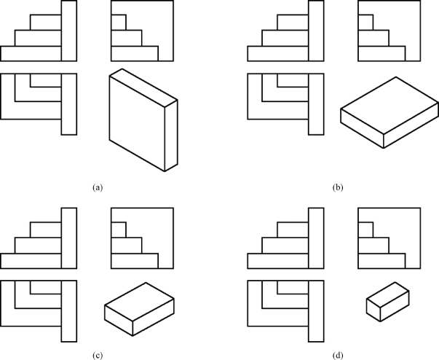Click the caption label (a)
97,187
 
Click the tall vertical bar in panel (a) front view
68,31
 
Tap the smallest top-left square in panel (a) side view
118,22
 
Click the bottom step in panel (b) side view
381,54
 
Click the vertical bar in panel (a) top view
68,103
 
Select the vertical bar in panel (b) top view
316,103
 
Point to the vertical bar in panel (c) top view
68,310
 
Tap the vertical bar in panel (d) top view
316,310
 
